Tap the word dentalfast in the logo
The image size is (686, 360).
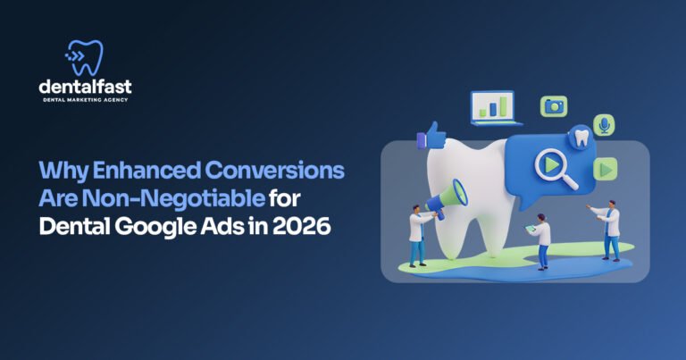[x=85, y=87]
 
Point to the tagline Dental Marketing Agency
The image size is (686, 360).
[x=85, y=100]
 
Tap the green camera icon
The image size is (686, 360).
[x=554, y=106]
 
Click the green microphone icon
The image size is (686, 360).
[x=605, y=125]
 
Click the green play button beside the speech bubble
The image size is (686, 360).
[x=607, y=168]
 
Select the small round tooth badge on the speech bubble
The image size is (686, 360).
[x=581, y=137]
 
